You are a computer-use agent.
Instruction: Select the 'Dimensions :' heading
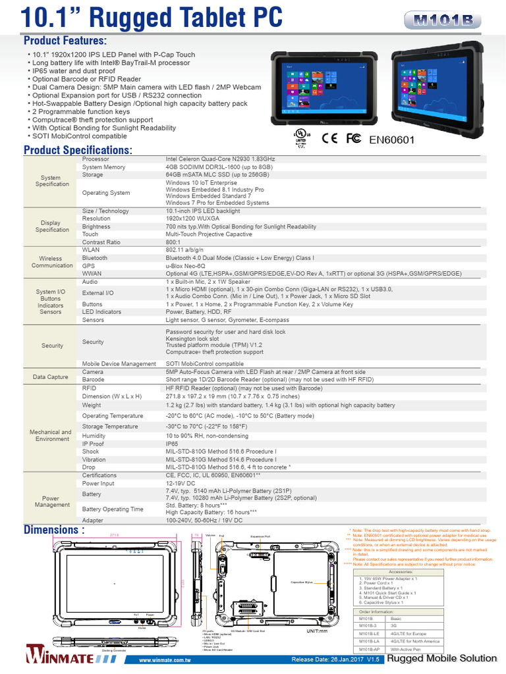(x=54, y=529)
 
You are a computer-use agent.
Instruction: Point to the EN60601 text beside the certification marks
(x=392, y=139)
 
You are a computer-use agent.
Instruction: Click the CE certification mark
(x=329, y=138)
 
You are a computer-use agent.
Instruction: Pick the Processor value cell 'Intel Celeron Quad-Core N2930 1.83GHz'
(x=220, y=159)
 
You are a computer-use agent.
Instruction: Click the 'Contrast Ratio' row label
(x=101, y=242)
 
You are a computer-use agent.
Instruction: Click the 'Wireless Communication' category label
(x=52, y=262)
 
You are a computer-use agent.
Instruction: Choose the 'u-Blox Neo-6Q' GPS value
(x=186, y=266)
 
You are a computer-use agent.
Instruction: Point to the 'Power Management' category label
(x=53, y=501)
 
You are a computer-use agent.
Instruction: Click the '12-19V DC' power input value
(x=180, y=483)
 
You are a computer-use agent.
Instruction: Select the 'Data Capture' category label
(x=52, y=376)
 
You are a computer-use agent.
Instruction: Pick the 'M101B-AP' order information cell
(x=370, y=650)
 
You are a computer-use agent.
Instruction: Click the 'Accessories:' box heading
(x=401, y=572)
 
